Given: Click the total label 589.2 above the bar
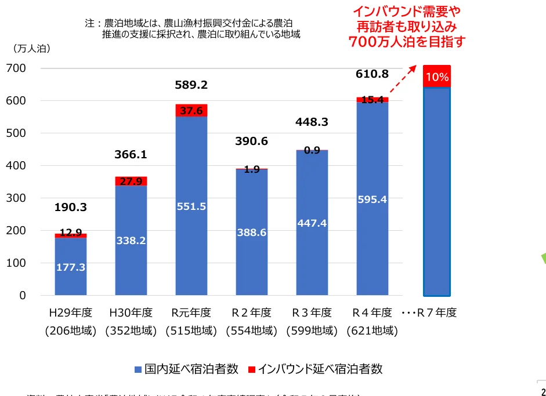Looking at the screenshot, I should click(x=191, y=85).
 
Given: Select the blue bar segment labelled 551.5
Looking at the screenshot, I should click(x=191, y=232).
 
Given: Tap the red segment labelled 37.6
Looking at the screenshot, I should click(x=191, y=110).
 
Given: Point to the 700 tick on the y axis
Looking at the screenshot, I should click(x=16, y=68).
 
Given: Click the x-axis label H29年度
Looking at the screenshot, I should click(x=71, y=313).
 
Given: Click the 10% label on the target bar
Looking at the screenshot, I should click(x=436, y=77).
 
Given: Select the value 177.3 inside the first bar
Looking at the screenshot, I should click(x=71, y=267).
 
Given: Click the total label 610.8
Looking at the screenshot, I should click(x=372, y=74).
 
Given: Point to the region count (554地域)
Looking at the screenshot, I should click(x=252, y=332).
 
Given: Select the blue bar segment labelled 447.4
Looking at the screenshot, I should click(x=312, y=223).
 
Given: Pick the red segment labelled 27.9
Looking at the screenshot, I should click(x=131, y=181).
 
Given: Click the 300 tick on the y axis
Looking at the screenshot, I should click(x=16, y=198).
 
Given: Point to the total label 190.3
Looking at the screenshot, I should click(x=71, y=207).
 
